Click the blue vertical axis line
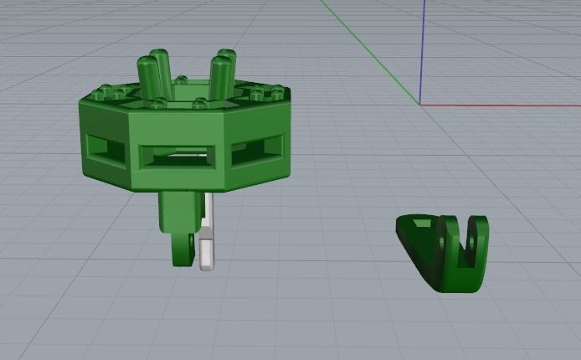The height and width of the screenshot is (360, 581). [423, 50]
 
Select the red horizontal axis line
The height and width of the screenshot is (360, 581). [502, 105]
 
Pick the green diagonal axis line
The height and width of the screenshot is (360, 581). [368, 50]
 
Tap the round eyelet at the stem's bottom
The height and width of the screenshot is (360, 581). [181, 249]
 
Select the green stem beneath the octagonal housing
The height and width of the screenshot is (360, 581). [177, 209]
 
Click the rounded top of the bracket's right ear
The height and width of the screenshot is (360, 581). [479, 219]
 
